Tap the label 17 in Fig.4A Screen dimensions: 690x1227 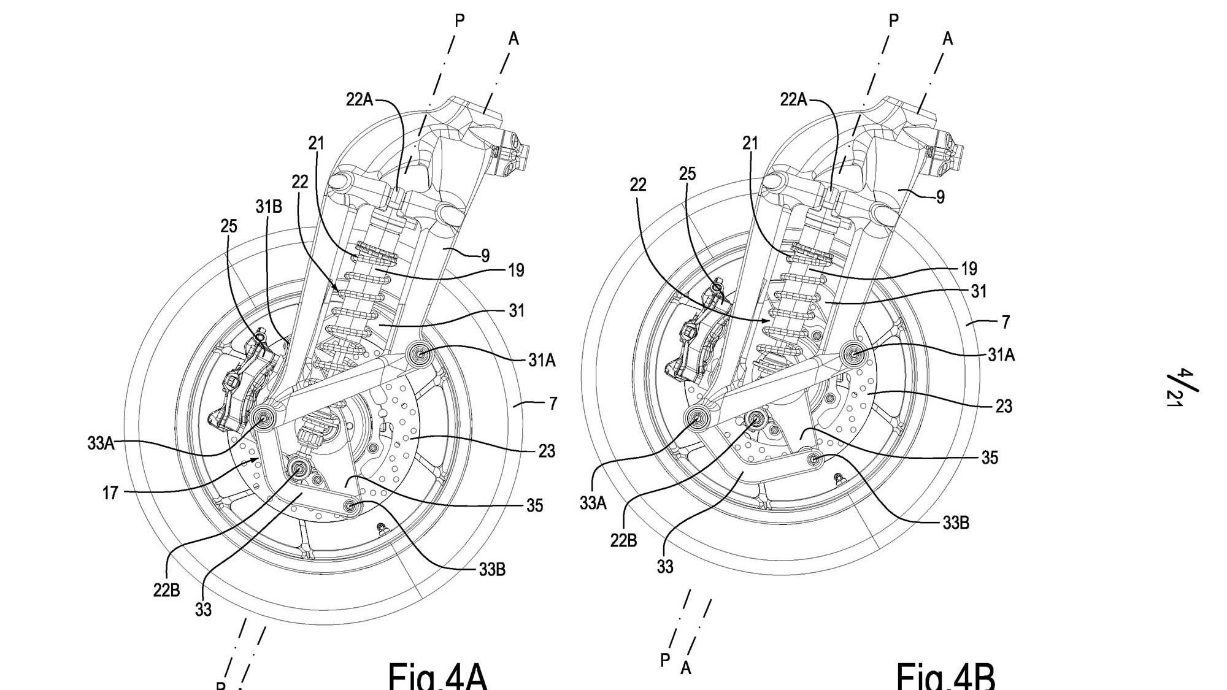click(110, 493)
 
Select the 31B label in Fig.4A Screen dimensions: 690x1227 click(269, 207)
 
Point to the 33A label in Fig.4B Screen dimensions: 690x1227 click(593, 503)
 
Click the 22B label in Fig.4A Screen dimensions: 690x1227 click(166, 590)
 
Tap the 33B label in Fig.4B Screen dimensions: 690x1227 click(956, 523)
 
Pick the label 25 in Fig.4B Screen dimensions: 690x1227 click(687, 174)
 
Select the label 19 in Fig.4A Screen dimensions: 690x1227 click(516, 270)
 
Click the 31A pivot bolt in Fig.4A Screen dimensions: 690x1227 click(421, 355)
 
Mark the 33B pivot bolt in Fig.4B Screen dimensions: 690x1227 click(814, 458)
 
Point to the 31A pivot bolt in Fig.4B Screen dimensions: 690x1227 click(853, 353)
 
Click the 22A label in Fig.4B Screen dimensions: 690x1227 click(793, 99)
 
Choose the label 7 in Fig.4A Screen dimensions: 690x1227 click(553, 404)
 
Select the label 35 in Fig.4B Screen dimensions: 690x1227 click(990, 458)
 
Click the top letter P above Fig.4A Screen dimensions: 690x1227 click(460, 21)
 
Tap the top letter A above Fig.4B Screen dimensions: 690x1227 click(948, 39)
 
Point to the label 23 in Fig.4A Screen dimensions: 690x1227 click(547, 451)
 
